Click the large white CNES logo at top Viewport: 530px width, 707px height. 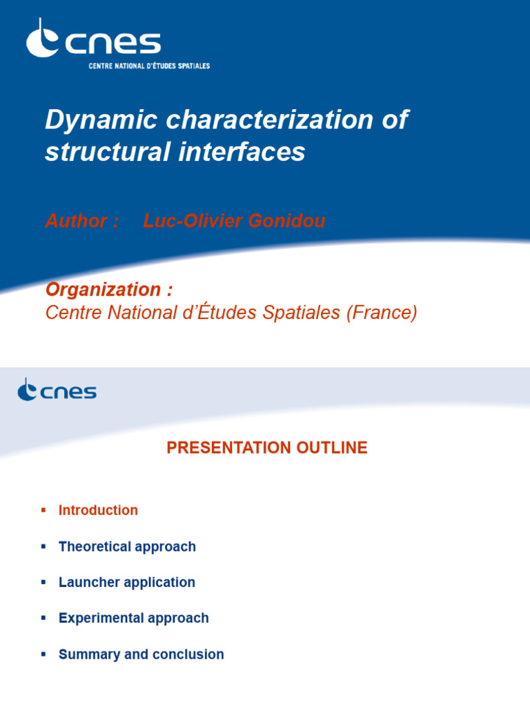(93, 40)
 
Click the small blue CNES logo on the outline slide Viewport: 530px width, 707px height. (57, 390)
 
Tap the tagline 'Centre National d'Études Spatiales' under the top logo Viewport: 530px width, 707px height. (149, 66)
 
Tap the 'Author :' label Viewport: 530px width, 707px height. (82, 221)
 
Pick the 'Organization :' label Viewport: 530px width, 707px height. (109, 289)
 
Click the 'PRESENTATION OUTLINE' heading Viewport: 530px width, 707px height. (267, 448)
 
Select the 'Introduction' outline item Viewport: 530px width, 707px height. (98, 510)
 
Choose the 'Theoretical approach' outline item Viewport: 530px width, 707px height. (127, 547)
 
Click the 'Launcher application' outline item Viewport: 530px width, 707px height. (127, 583)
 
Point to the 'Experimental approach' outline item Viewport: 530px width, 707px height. (133, 619)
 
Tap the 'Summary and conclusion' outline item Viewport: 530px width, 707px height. (141, 655)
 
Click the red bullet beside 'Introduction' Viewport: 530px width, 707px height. (43, 510)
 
